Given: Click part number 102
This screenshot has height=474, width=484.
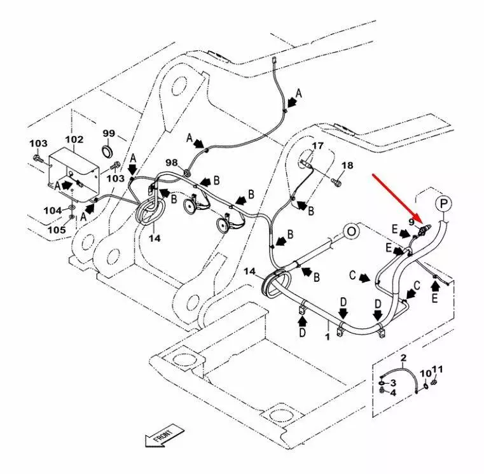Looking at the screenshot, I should tap(74, 139).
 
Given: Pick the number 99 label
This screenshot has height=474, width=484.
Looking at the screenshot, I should tap(109, 133).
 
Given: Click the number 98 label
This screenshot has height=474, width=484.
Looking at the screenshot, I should tap(171, 163).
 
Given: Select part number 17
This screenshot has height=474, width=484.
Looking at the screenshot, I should tap(317, 146).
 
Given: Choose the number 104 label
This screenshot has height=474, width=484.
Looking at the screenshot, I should tap(53, 210).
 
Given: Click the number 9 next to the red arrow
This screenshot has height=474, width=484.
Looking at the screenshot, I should tap(411, 223).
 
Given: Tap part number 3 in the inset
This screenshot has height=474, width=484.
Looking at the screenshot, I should tap(393, 382).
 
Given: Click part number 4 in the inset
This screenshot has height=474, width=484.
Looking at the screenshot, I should tap(393, 393).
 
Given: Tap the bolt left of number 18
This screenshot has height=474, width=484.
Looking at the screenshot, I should tap(336, 183).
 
